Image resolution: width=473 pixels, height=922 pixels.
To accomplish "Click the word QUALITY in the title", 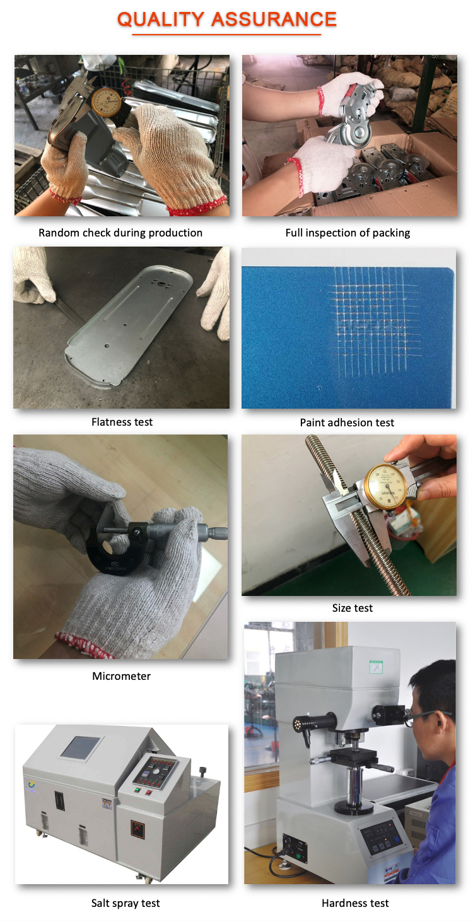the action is (x=161, y=20).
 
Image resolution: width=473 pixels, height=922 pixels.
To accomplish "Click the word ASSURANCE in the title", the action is (x=274, y=20).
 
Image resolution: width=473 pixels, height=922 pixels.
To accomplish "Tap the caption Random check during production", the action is (x=120, y=233).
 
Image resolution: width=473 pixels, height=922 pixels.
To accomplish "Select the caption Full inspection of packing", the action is (x=348, y=233).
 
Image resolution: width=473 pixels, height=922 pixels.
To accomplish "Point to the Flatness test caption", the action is (x=122, y=422).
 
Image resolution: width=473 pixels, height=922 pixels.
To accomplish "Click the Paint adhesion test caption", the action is (x=347, y=423).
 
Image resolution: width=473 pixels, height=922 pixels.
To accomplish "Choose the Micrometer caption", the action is (x=122, y=676).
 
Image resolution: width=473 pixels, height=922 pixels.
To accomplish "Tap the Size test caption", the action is (x=353, y=608).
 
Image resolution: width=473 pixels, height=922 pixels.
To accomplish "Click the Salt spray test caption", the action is (x=126, y=903).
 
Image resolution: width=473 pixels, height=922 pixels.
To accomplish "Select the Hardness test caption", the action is (x=355, y=903).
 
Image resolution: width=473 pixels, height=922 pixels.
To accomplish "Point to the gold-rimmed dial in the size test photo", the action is (x=385, y=486).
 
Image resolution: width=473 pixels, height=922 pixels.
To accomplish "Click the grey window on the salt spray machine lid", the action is (x=80, y=747).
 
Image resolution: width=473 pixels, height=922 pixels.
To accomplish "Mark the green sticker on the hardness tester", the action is (x=376, y=667).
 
